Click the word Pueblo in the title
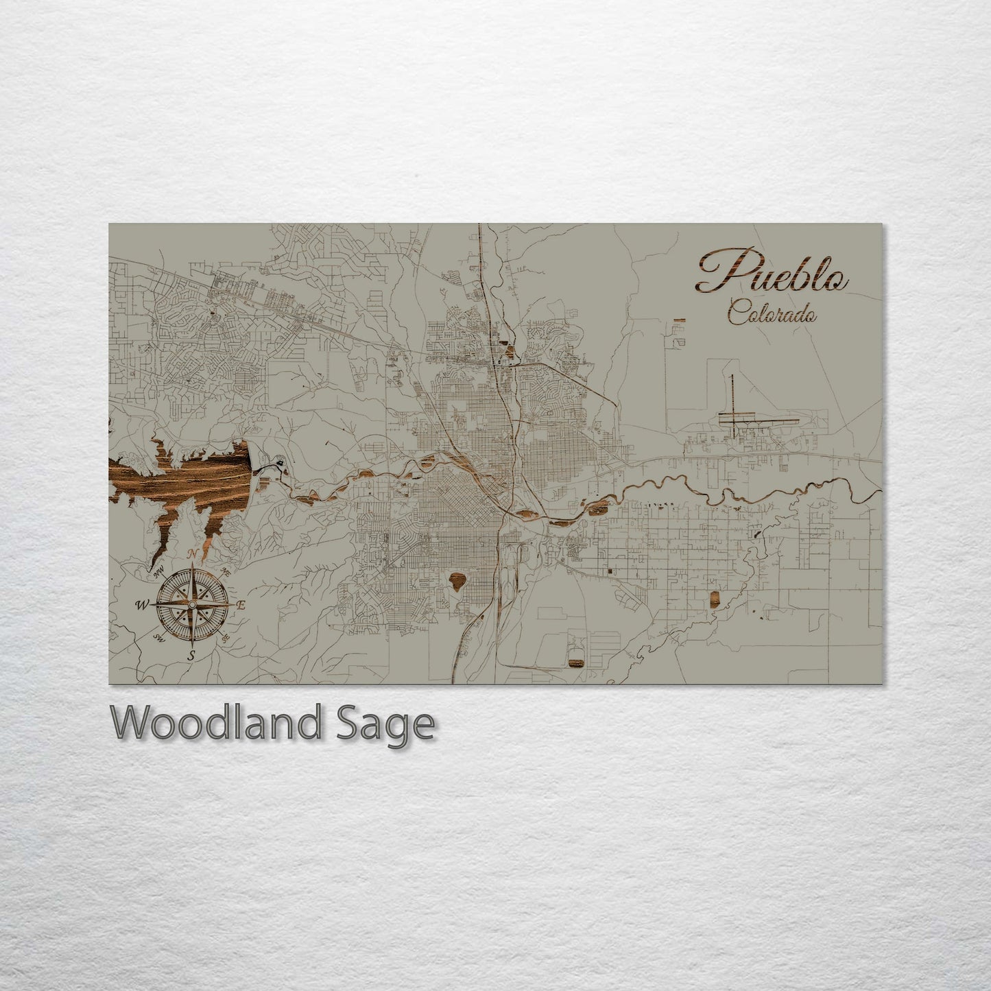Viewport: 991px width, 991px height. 771,273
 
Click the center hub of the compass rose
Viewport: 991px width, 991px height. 192,604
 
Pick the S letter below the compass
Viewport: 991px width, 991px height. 191,655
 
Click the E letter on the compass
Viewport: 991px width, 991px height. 241,605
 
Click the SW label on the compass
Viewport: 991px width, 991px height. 158,639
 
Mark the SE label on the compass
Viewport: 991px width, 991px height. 226,638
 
